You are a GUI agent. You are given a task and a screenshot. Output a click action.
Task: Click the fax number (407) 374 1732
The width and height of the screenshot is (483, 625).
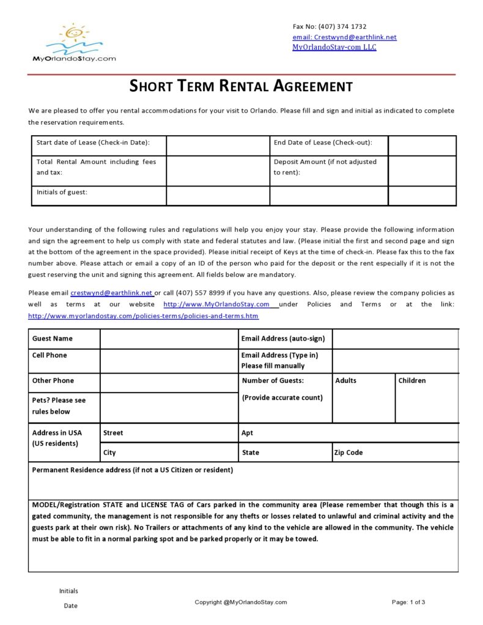coord(330,26)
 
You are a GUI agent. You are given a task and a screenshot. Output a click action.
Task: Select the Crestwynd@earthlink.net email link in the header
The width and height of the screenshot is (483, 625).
coord(344,37)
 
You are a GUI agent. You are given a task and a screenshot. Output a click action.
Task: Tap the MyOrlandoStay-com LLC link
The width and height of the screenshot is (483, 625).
coord(334,47)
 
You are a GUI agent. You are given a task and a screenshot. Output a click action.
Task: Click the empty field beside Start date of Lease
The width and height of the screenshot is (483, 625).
coord(218,146)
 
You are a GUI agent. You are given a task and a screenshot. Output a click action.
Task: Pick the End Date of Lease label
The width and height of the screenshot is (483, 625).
coord(323,142)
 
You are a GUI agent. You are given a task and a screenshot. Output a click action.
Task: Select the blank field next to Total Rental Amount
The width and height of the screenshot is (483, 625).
coord(218,171)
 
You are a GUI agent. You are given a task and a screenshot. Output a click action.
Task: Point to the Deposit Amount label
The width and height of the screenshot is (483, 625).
coord(325,167)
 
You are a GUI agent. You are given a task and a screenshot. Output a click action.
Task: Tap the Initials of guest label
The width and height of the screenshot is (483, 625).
coord(62,192)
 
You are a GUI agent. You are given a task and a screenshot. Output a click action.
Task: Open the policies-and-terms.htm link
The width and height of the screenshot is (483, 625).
coord(143,316)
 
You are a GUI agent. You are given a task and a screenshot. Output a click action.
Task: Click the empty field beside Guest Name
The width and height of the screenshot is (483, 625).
coord(169,339)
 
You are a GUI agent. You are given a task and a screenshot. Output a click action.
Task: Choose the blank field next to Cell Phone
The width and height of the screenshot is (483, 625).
coord(169,361)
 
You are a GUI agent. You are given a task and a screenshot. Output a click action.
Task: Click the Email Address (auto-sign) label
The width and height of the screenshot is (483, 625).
coord(283,339)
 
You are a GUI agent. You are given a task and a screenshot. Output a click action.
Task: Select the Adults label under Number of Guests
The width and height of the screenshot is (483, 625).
coord(345,380)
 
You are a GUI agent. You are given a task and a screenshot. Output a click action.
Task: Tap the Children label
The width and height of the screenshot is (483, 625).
coord(412,380)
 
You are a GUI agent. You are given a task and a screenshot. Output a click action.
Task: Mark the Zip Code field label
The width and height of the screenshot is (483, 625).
coord(348,453)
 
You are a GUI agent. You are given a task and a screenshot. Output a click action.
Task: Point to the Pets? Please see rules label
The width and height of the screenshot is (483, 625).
coord(59,405)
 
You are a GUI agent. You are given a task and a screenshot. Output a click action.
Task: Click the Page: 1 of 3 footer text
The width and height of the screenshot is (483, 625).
coord(408,602)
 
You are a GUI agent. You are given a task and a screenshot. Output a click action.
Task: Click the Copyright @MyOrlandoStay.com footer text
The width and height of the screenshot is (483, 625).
coord(241,602)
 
